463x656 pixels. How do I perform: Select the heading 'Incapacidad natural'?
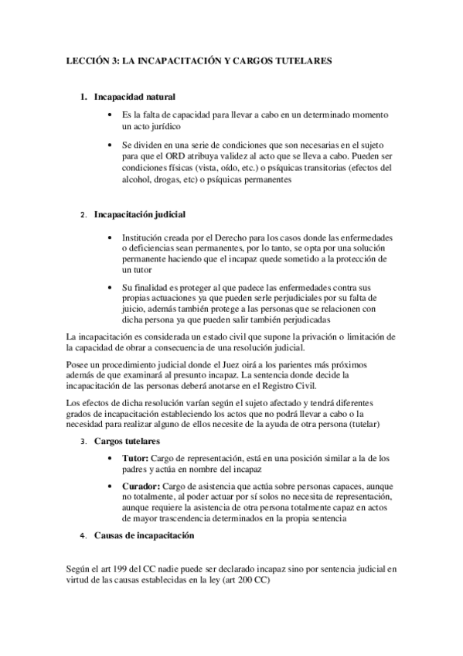tap(134, 97)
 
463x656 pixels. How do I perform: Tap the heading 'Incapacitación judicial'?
tap(139, 214)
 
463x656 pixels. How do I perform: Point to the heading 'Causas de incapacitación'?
tap(143, 535)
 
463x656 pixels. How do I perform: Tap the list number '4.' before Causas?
tap(83, 536)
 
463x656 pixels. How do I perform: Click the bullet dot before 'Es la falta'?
tap(114, 114)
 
